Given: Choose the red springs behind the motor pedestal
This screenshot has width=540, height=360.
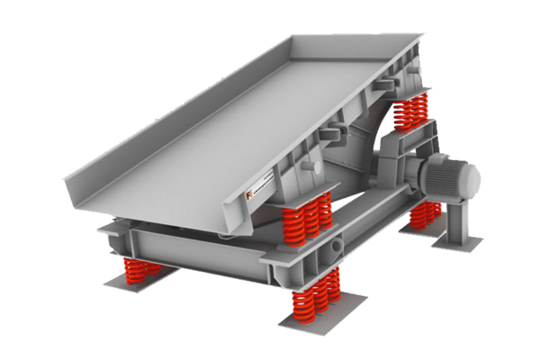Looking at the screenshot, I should point(425,214).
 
